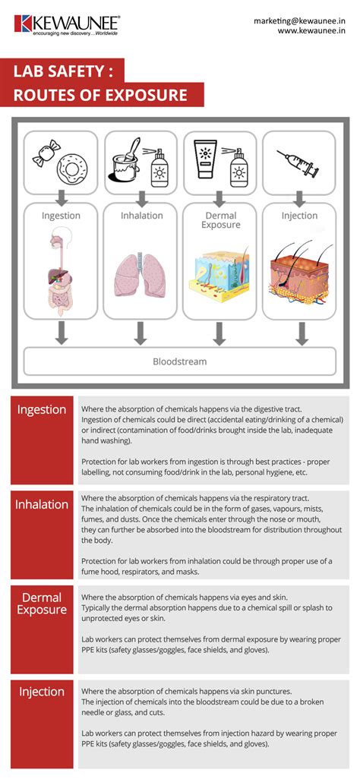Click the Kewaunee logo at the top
pyautogui.click(x=66, y=24)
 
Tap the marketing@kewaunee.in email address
pyautogui.click(x=302, y=21)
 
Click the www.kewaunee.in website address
pyautogui.click(x=312, y=33)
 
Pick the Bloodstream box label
pyautogui.click(x=179, y=361)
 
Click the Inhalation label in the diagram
pyautogui.click(x=141, y=216)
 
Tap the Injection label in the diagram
pyautogui.click(x=299, y=216)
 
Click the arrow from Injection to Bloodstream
pyautogui.click(x=300, y=332)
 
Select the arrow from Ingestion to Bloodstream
pyautogui.click(x=62, y=332)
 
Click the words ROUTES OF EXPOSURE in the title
pyautogui.click(x=99, y=96)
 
